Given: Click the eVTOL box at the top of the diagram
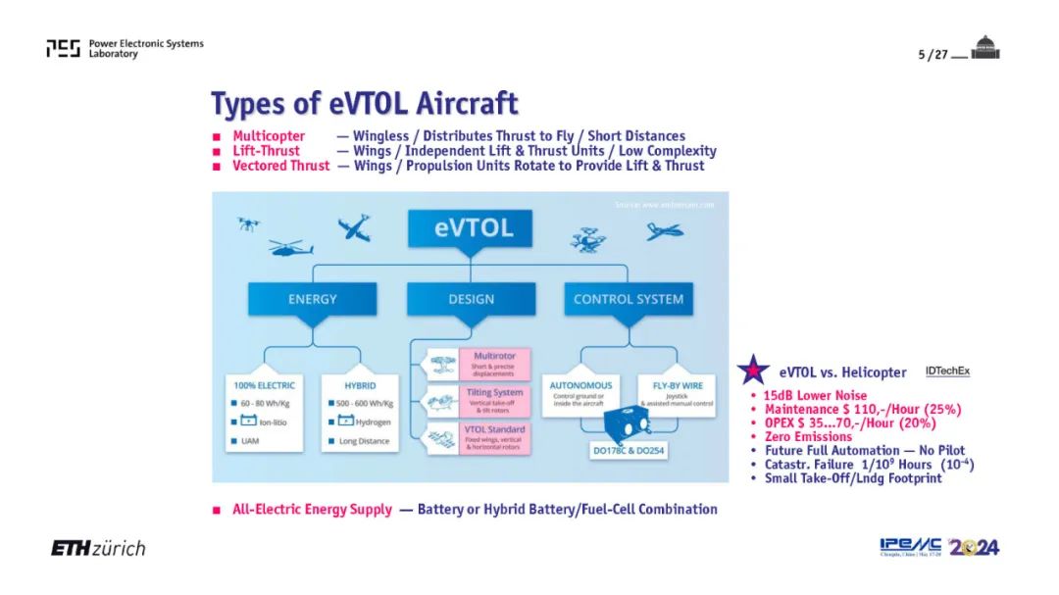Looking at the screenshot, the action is point(472,228).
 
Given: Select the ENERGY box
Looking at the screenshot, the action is point(312,298).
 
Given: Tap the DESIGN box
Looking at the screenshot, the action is point(471,298).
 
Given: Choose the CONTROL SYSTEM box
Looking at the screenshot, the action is point(628,298).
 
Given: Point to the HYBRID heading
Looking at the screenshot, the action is point(360,384).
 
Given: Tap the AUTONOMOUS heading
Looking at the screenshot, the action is point(580,385).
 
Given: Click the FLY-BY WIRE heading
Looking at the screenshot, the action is point(667,385).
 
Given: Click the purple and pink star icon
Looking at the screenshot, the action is point(753,371).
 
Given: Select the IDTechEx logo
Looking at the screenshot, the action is point(947,372).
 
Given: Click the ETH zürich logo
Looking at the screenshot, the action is point(98,548).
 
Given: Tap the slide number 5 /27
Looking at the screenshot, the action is point(929,55).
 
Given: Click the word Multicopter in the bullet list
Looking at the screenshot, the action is point(269,136).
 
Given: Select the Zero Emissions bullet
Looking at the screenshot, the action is point(808,436).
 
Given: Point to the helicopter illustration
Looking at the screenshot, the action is point(290,248).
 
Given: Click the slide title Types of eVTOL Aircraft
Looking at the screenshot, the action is point(364,103).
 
